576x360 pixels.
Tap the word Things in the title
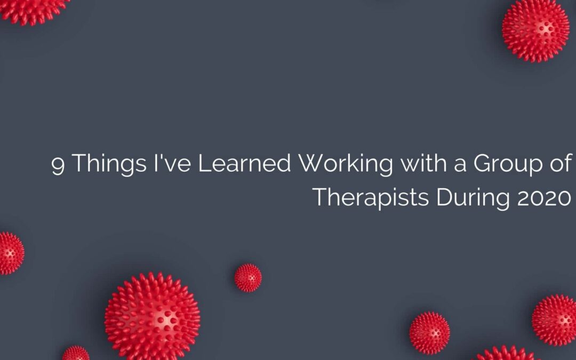(x=109, y=164)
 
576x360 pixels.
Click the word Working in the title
(x=346, y=164)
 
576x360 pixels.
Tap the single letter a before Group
(x=460, y=166)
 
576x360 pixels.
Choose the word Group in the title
(x=508, y=164)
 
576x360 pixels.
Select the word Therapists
(x=371, y=198)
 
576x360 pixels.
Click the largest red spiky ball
(x=153, y=316)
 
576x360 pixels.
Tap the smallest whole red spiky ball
(x=249, y=278)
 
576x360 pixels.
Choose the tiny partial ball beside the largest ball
(x=76, y=353)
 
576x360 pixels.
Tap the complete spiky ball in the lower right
(x=430, y=333)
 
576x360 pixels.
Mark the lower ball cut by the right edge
(x=555, y=320)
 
